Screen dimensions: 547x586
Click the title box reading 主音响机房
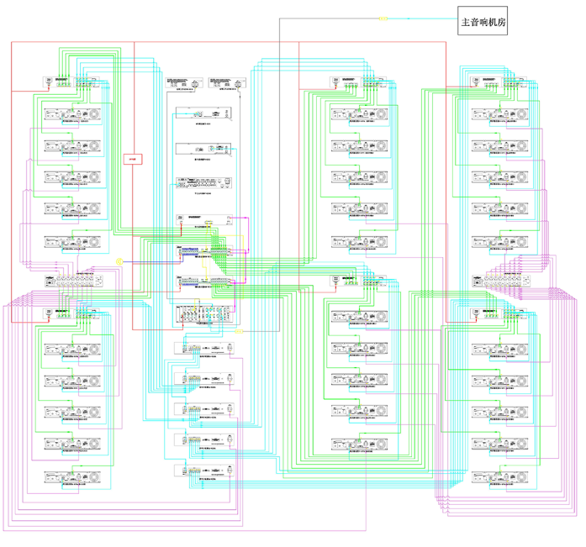tap(484, 23)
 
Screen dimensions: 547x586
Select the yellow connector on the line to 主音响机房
tap(383, 17)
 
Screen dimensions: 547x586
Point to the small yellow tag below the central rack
tap(239, 332)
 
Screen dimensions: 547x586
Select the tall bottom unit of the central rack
tap(204, 314)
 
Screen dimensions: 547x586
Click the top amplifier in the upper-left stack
tap(72, 115)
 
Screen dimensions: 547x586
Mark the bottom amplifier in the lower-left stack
tap(72, 476)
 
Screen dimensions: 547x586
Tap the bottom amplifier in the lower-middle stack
tap(360, 444)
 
